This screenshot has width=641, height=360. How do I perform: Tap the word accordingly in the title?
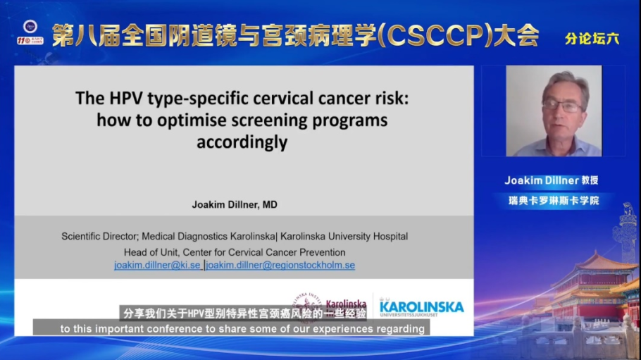pyautogui.click(x=242, y=142)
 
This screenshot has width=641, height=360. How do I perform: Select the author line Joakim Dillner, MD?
pyautogui.click(x=235, y=205)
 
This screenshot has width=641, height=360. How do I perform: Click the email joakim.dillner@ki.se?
pyautogui.click(x=157, y=266)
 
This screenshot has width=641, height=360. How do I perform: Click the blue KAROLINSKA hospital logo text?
pyautogui.click(x=421, y=307)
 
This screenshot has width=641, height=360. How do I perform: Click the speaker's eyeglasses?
pyautogui.click(x=562, y=106)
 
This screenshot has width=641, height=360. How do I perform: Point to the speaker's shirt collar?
pyautogui.click(x=556, y=144)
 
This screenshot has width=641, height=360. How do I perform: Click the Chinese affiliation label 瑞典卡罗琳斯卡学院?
pyautogui.click(x=553, y=201)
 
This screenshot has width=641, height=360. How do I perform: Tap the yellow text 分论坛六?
pyautogui.click(x=592, y=39)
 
